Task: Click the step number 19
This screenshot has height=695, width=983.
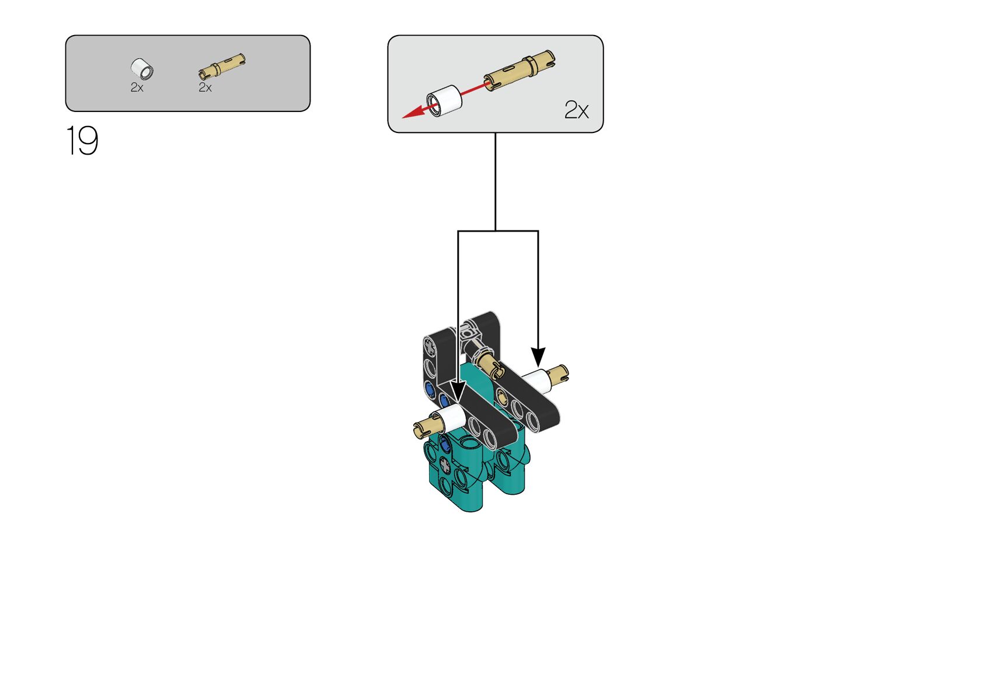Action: (x=82, y=141)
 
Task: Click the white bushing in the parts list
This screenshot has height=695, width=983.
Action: (x=142, y=69)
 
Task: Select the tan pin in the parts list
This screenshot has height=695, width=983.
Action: (x=222, y=67)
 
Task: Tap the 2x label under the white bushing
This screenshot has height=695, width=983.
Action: (x=137, y=88)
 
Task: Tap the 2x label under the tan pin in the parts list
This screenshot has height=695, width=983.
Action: (x=205, y=88)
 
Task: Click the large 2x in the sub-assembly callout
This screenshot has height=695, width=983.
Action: (x=576, y=110)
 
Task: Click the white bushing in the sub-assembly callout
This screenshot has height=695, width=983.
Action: (x=445, y=100)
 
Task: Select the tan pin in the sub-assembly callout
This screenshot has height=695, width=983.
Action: (x=520, y=71)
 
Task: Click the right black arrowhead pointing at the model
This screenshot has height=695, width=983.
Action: (x=538, y=357)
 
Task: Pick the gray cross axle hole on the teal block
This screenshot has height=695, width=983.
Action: (x=445, y=465)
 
